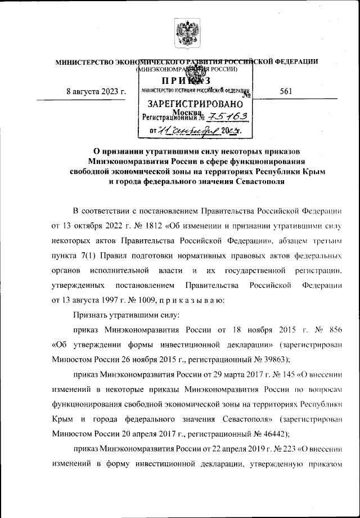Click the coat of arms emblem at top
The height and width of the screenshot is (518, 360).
click(185, 32)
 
